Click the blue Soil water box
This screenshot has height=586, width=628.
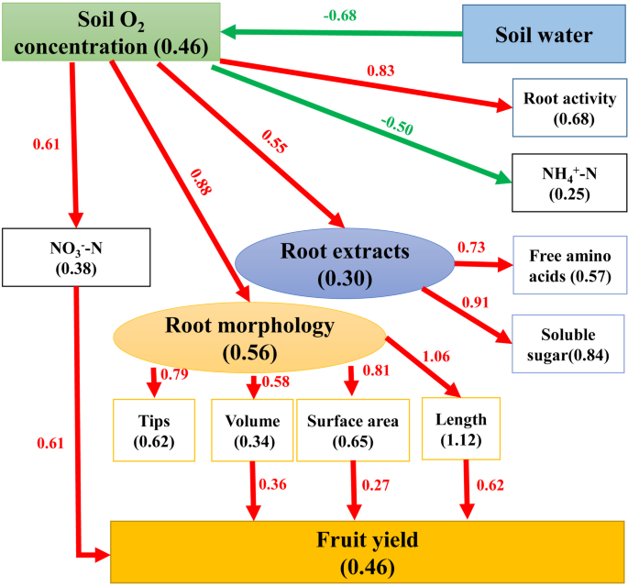[543, 36]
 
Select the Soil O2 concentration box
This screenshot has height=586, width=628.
[111, 32]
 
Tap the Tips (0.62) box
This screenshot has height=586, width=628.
[153, 429]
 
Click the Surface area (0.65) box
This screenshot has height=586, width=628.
[354, 429]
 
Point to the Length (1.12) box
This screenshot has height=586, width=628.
[462, 427]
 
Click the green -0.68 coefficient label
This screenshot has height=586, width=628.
[341, 15]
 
